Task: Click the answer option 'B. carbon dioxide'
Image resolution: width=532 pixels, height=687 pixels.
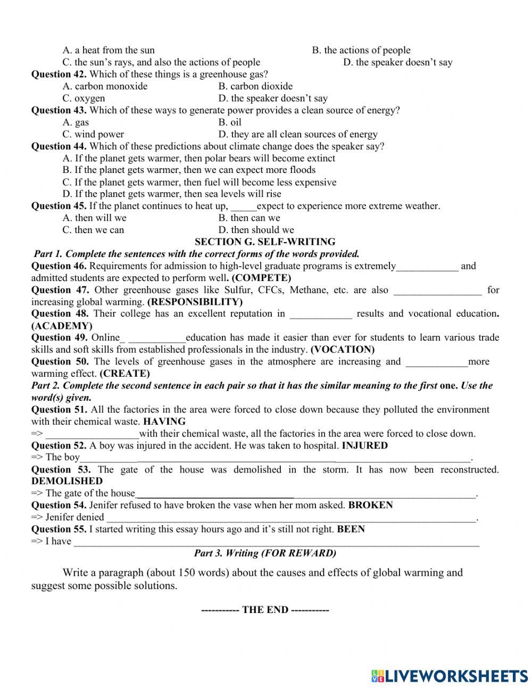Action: (255, 86)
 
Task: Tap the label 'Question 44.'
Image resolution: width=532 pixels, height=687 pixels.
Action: (59, 146)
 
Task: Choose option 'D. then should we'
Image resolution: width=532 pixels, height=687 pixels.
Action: (256, 230)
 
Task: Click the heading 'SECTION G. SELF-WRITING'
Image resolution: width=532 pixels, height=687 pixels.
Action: (265, 242)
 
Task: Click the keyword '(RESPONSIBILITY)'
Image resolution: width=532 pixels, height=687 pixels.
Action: (195, 302)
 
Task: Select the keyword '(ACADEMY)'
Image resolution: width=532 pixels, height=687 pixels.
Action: (62, 326)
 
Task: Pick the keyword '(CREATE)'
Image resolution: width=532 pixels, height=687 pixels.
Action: (124, 374)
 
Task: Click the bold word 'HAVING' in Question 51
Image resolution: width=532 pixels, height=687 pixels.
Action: (164, 421)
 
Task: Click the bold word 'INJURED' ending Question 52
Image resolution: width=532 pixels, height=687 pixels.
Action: (364, 445)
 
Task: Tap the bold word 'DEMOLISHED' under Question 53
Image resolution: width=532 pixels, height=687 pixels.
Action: (67, 481)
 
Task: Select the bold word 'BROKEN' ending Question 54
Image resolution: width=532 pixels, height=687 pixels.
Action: (370, 505)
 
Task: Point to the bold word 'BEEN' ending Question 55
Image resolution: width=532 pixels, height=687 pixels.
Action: (351, 529)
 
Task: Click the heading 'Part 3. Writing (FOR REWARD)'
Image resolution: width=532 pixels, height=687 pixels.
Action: (265, 553)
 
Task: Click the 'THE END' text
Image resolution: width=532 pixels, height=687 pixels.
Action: (265, 610)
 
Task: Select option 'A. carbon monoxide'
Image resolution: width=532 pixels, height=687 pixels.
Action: (105, 86)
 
